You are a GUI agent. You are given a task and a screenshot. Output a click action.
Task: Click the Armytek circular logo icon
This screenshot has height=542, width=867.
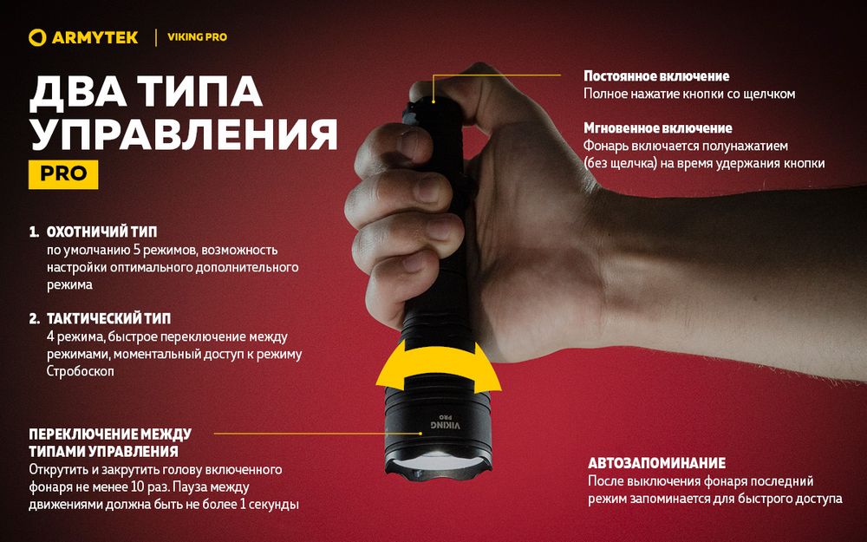[36, 37]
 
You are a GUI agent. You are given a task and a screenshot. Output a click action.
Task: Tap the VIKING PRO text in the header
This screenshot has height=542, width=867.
[197, 37]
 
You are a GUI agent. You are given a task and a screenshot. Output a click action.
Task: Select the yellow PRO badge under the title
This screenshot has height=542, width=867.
[63, 173]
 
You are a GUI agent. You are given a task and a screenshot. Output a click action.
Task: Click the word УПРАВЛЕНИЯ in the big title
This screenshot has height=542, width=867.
[183, 134]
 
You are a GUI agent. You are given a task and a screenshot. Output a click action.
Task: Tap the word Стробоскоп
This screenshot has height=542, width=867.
[80, 370]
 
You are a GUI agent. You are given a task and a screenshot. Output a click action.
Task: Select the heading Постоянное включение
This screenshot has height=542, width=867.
[656, 76]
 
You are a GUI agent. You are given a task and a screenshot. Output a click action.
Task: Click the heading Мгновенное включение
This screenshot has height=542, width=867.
[657, 128]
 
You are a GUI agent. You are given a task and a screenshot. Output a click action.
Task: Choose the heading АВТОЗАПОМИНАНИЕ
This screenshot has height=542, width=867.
[656, 463]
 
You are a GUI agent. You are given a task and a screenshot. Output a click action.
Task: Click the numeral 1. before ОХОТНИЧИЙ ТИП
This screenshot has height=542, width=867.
[34, 233]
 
